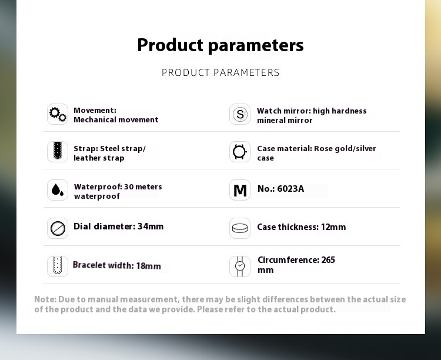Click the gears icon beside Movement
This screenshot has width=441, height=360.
click(x=58, y=114)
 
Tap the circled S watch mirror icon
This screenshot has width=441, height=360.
click(x=240, y=114)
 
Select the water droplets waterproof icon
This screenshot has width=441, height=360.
click(x=58, y=190)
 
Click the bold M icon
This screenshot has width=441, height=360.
click(x=240, y=190)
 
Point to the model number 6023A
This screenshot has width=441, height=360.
click(x=290, y=189)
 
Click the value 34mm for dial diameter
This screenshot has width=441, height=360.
click(x=151, y=226)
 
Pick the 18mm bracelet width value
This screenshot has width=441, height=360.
click(x=149, y=266)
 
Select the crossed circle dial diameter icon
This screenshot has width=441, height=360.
click(x=58, y=228)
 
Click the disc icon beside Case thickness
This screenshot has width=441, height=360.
click(x=240, y=228)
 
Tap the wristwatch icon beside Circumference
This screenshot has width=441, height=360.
click(x=240, y=266)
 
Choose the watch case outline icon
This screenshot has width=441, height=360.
click(x=239, y=152)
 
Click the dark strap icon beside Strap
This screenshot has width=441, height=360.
click(x=58, y=151)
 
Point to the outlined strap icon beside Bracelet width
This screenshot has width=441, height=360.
click(x=58, y=265)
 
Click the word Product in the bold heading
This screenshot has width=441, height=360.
click(x=170, y=45)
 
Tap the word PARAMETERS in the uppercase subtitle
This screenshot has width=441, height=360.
click(x=246, y=72)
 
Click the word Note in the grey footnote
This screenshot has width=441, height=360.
click(x=45, y=299)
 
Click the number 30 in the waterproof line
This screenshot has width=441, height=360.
click(x=129, y=187)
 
